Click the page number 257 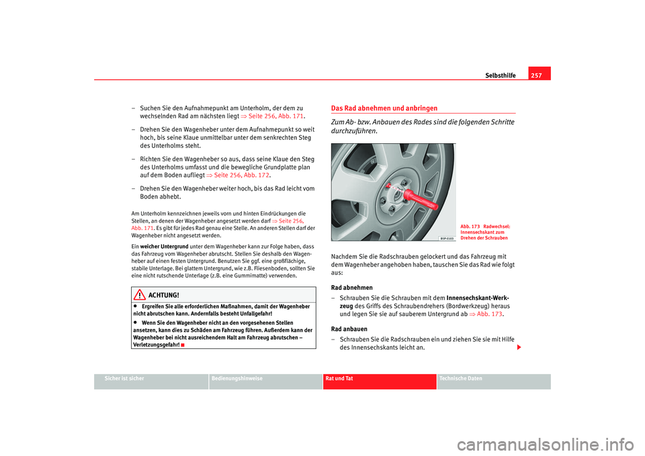pos(539,75)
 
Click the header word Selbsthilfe pos(501,75)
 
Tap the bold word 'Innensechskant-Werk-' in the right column pos(478,297)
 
